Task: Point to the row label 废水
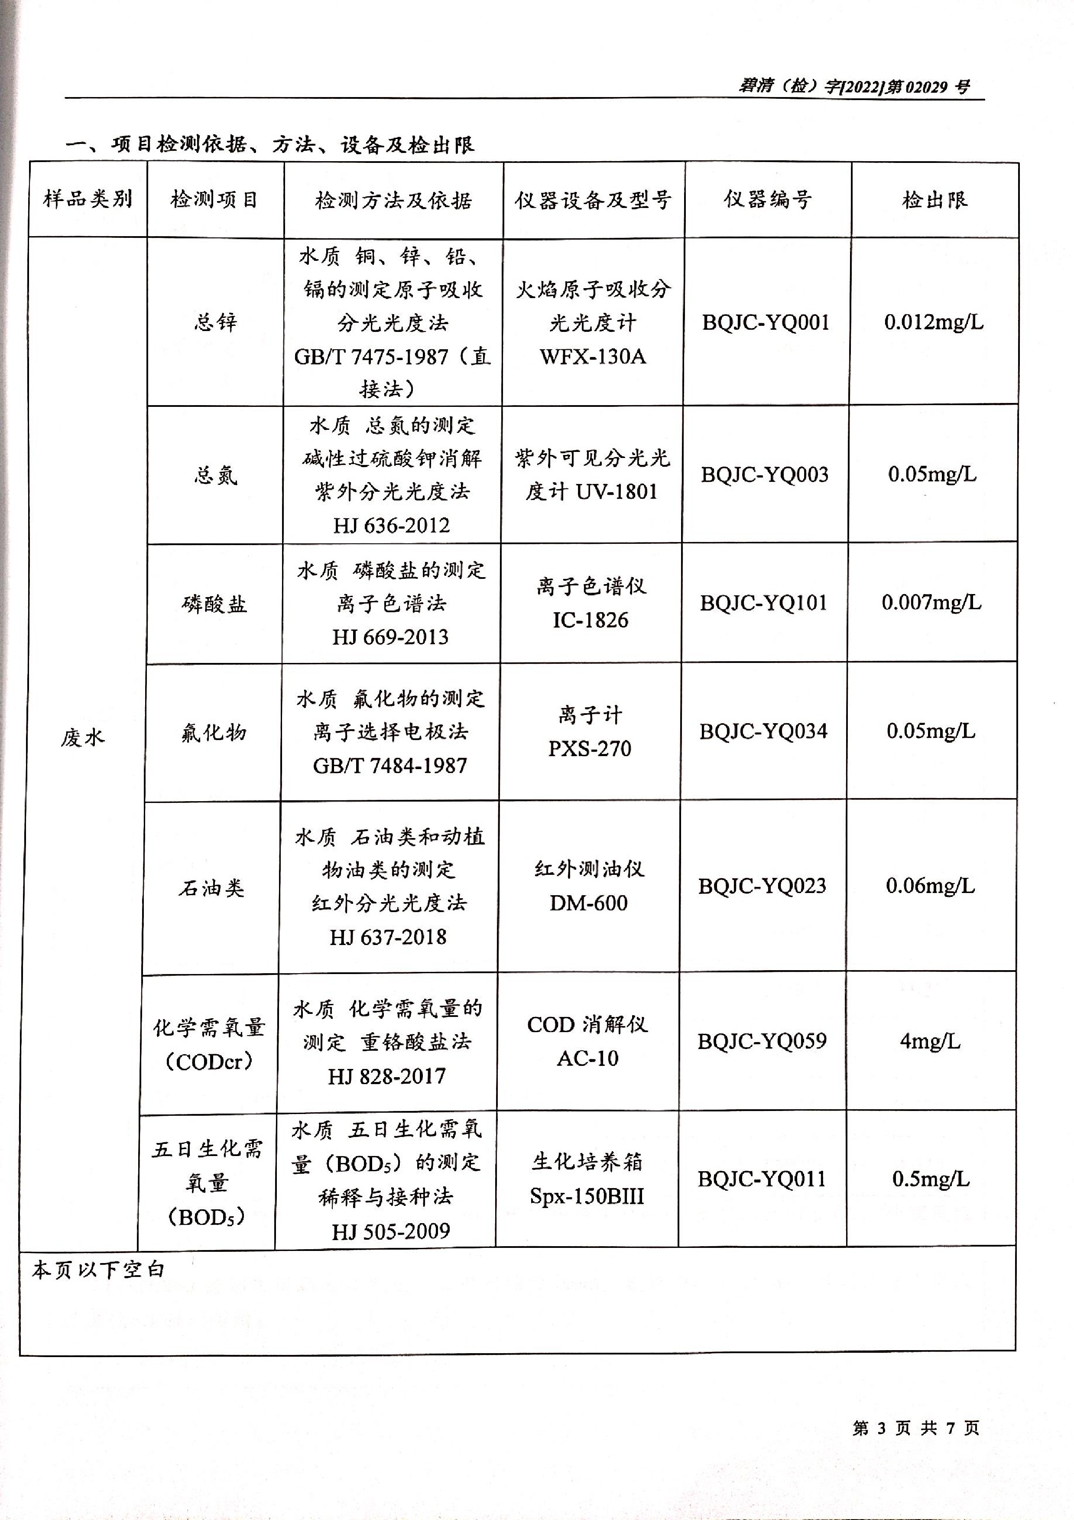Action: coord(83,737)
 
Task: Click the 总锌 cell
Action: coord(215,322)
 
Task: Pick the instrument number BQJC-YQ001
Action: coord(766,322)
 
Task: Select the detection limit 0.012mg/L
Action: coord(933,322)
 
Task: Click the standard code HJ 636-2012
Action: coord(391,526)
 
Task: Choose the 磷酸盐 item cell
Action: coord(214,604)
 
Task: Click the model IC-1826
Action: coord(590,620)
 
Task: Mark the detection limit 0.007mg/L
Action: coord(931,602)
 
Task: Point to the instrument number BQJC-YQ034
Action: coord(763,731)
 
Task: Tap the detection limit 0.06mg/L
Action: coord(930,886)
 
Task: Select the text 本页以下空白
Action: coord(98,1270)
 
